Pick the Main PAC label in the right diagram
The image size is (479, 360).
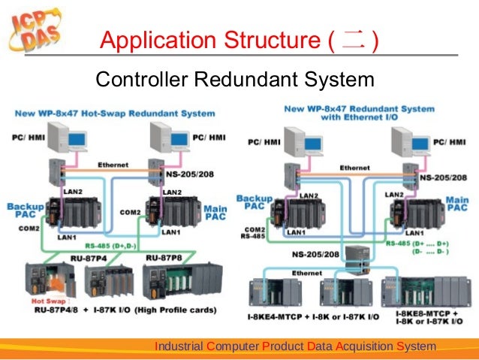(x=457, y=204)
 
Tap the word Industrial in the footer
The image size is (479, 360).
(x=179, y=346)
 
